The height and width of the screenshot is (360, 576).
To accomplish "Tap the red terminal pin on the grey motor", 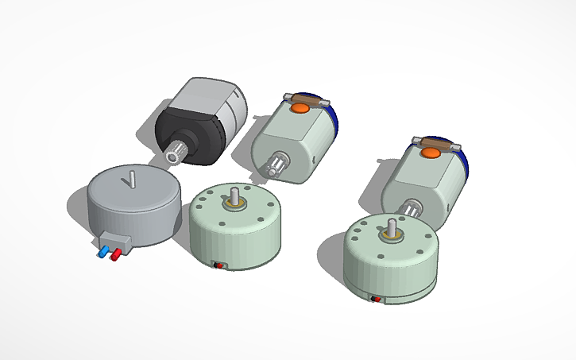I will pyautogui.click(x=116, y=254).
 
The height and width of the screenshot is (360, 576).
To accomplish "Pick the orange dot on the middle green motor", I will pyautogui.click(x=300, y=108).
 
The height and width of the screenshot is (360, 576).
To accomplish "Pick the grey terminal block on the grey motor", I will pyautogui.click(x=116, y=240).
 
